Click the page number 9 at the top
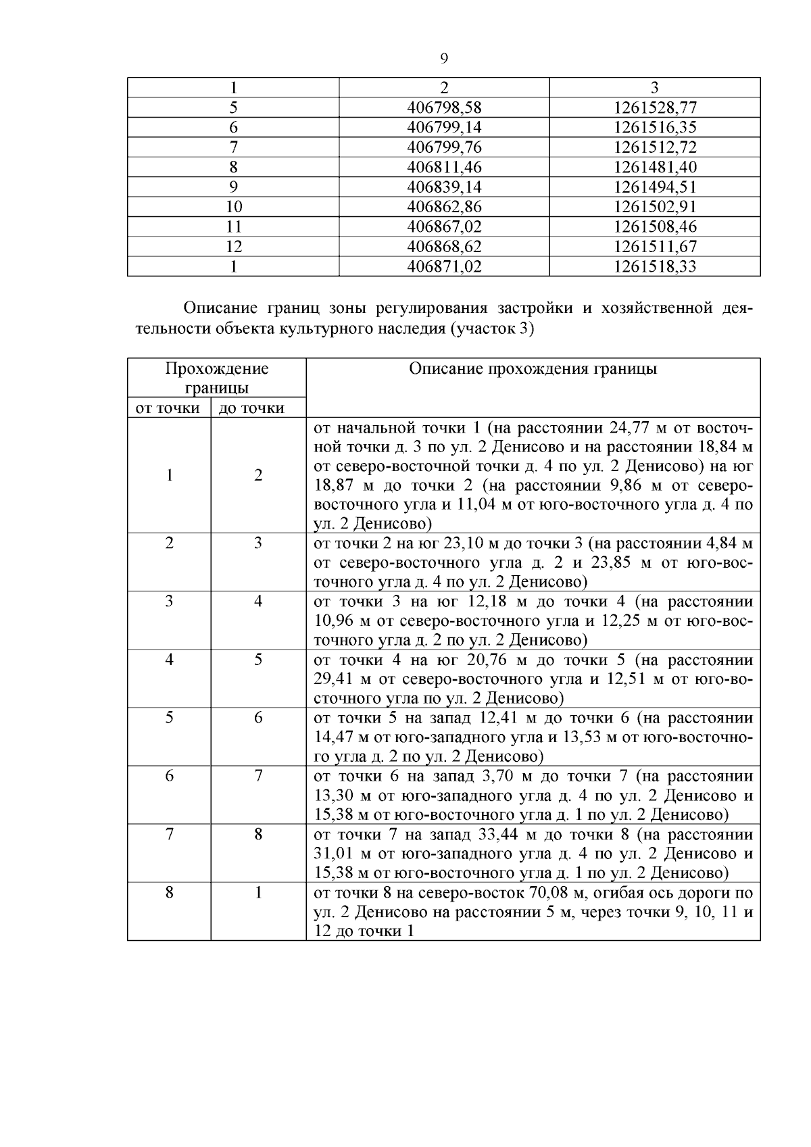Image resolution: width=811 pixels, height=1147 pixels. [444, 59]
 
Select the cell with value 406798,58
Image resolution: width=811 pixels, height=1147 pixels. [444, 107]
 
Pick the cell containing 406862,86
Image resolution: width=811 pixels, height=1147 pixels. [444, 207]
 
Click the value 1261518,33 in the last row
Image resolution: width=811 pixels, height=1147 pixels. [654, 266]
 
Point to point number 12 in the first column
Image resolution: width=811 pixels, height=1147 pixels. [233, 247]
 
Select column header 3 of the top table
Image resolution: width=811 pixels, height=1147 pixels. [654, 88]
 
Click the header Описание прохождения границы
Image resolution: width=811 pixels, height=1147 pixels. [533, 369]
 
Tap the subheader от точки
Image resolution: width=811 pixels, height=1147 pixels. [168, 408]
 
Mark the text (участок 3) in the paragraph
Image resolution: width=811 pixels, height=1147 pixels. [491, 329]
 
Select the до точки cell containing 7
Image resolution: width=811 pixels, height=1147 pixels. [258, 776]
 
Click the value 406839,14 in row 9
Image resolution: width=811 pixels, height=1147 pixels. [444, 187]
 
